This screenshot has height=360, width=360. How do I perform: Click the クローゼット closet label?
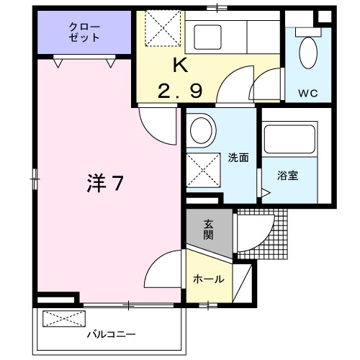[84, 32]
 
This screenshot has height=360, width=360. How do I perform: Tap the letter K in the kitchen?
[181, 66]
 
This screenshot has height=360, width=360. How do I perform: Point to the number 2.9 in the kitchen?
[180, 91]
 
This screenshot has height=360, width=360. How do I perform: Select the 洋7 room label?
[105, 183]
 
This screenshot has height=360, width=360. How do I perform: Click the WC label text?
[308, 93]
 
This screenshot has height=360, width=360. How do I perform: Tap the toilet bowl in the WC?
[308, 53]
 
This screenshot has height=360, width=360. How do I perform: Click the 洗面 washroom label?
[238, 158]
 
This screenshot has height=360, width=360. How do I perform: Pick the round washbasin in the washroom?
[201, 130]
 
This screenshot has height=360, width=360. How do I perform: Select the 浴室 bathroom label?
[287, 176]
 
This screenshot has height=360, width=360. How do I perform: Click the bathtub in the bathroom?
[289, 139]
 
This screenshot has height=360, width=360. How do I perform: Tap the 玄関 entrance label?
[208, 230]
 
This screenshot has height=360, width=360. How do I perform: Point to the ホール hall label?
[209, 279]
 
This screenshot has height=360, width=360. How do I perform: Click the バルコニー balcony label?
[111, 334]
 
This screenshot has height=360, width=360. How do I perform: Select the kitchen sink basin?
[207, 37]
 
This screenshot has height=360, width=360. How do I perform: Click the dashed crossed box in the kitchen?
[163, 28]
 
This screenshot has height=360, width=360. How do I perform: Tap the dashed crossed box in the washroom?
[203, 170]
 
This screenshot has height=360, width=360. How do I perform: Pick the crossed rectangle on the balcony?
[64, 319]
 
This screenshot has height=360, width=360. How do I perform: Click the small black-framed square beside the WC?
[325, 17]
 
